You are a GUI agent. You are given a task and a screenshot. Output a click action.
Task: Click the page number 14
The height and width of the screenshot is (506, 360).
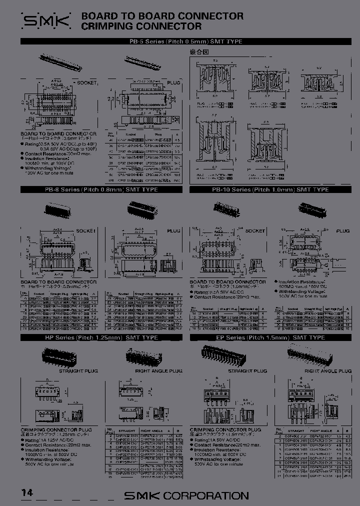(27, 492)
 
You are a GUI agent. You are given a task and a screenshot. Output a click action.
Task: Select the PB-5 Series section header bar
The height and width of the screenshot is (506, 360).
(185, 41)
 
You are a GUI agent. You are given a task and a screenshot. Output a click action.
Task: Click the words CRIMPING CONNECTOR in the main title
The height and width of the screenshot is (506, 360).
(141, 26)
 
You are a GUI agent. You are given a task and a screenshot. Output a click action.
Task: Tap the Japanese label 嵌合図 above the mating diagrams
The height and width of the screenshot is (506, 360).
(198, 51)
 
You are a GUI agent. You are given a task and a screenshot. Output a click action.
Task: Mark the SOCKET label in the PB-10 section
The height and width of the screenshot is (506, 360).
(255, 230)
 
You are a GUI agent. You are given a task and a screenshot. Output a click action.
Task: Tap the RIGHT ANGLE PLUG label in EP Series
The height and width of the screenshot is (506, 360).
(327, 371)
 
